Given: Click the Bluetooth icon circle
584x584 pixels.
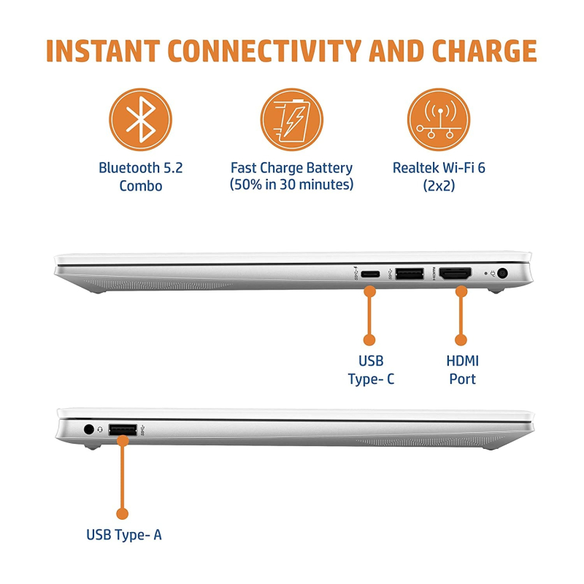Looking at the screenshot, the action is tap(140, 120).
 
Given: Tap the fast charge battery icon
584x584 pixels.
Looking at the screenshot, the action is tap(291, 120).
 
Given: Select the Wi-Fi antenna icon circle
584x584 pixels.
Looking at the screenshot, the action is tap(439, 120).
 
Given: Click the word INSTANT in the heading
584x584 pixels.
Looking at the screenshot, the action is tap(103, 50).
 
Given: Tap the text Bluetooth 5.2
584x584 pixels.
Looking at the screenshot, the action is tap(140, 168).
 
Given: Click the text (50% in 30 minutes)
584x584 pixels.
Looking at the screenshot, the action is tap(291, 185).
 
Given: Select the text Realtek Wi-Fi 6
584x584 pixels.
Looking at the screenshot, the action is tap(439, 168).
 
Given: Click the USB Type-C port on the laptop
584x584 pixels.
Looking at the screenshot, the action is tap(370, 274).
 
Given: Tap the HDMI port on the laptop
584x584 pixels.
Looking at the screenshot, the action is tap(455, 274).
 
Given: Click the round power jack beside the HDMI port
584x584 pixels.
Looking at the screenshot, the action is tap(502, 274).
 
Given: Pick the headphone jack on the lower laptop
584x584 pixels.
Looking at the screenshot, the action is tap(88, 429).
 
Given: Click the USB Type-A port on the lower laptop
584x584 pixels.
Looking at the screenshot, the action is tap(123, 430).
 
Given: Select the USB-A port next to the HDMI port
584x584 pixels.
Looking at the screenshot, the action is tap(410, 274).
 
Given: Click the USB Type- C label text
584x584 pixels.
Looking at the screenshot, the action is tap(371, 370).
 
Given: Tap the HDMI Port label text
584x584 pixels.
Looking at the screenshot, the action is tap(463, 370).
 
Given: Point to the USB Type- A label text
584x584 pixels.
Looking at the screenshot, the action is tap(124, 535).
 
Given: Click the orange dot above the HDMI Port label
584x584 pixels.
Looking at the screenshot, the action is tap(461, 339).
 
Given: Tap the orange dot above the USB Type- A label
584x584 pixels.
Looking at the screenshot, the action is tap(122, 514).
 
